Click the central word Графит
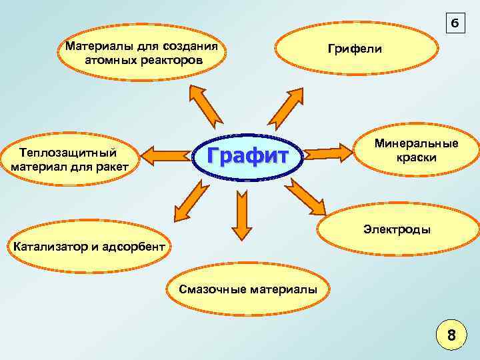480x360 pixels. [x=248, y=155]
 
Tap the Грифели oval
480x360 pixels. [x=354, y=49]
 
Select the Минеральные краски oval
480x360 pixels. [x=415, y=151]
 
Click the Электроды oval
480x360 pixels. [x=397, y=229]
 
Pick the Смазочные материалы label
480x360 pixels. [x=248, y=289]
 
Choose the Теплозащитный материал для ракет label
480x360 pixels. [x=70, y=159]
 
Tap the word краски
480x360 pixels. [x=416, y=158]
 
